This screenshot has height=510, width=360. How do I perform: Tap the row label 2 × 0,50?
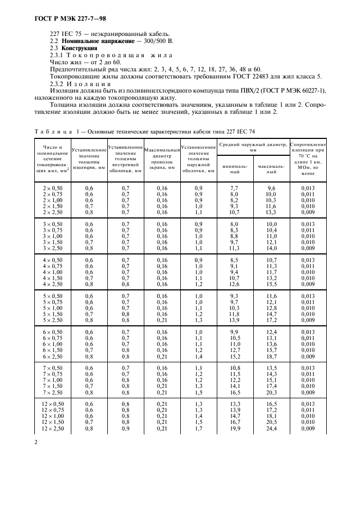tap(53, 187)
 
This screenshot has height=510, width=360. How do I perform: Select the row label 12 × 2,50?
tap(53, 429)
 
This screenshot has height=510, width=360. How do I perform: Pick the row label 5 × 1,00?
tap(53, 308)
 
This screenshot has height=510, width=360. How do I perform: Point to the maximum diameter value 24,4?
tap(271, 429)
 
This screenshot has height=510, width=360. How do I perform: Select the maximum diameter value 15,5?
tap(271, 284)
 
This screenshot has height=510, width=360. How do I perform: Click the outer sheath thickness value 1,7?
tap(199, 429)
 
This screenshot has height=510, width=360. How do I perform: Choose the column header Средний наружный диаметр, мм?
tap(253, 147)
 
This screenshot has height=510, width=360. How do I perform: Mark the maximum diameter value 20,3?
tap(271, 392)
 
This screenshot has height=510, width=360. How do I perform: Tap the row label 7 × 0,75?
tap(53, 374)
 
